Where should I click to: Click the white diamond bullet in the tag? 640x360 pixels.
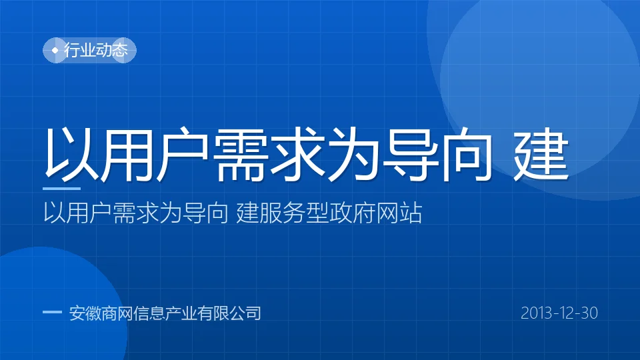coord(55,50)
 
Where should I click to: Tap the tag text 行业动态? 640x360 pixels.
coord(96,50)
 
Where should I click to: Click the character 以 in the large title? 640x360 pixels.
coord(71,153)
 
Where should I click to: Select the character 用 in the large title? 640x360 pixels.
coord(126,153)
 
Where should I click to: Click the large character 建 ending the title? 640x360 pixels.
coord(541,153)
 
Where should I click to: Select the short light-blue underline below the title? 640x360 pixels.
coord(61,188)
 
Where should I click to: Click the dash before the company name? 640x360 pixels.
coord(52,312)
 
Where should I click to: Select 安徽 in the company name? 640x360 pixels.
coord(85,313)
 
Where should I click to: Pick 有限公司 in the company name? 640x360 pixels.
coord(229,313)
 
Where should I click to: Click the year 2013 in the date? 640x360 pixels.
coord(536,313)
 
